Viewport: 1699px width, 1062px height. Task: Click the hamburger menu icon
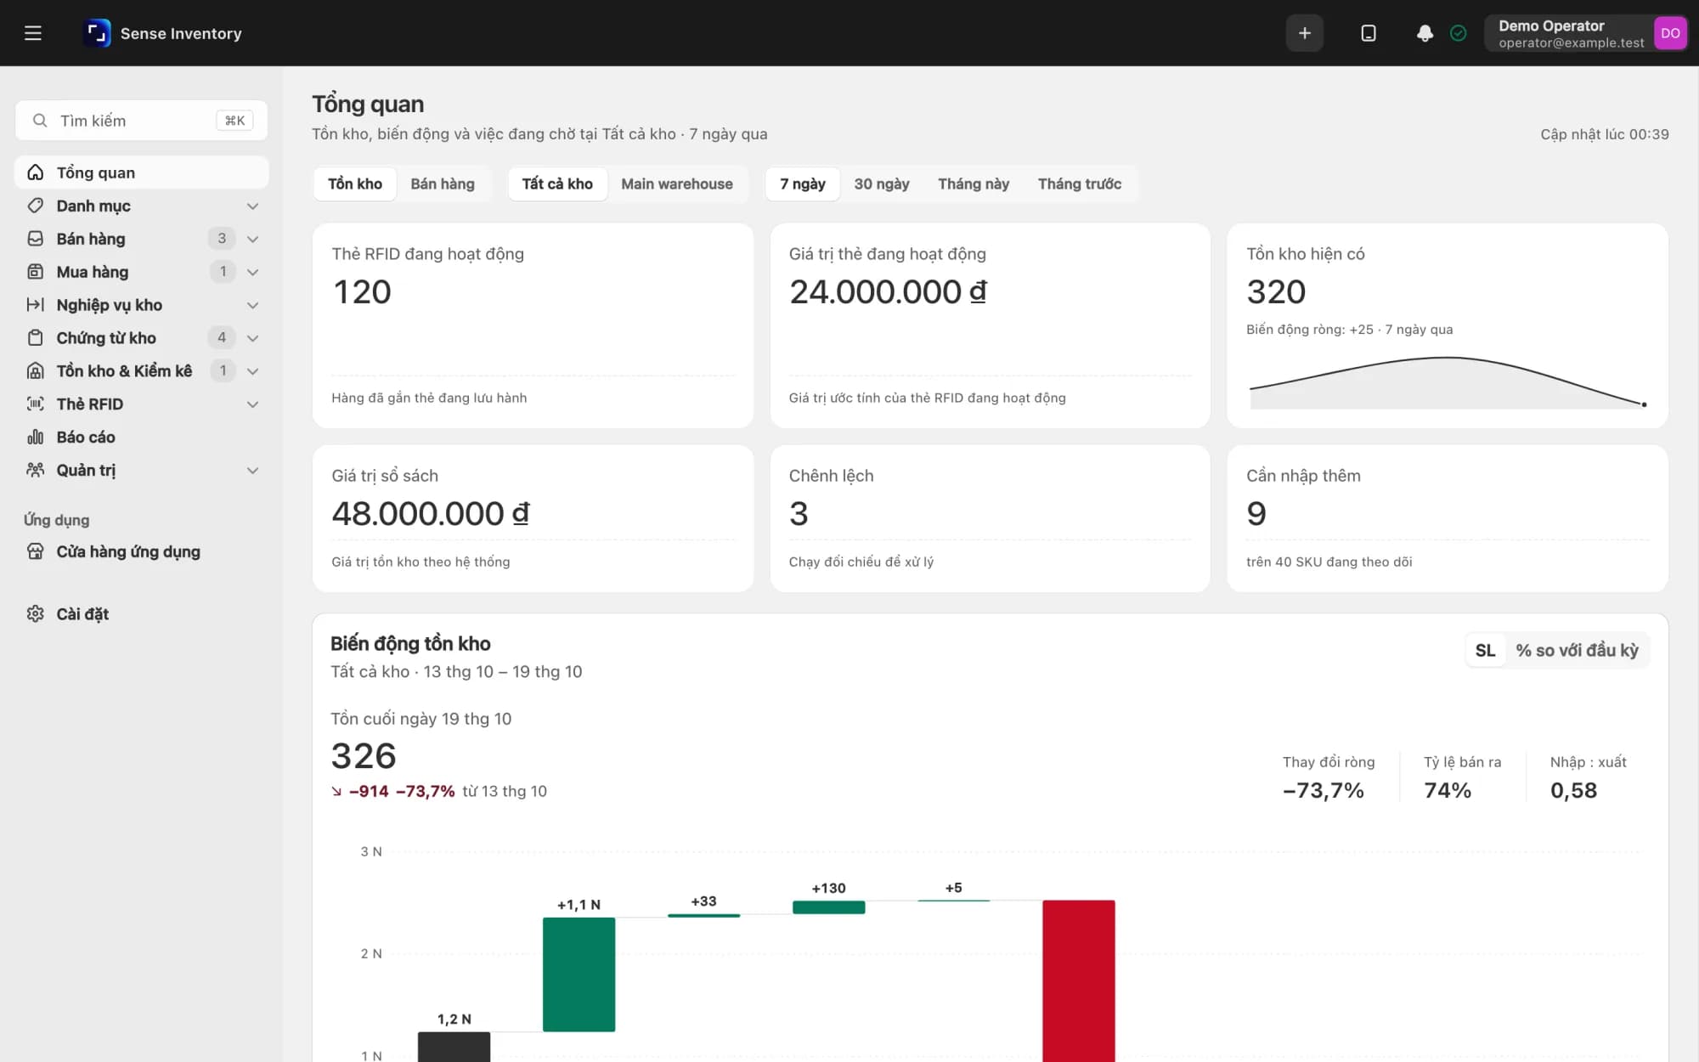tap(33, 33)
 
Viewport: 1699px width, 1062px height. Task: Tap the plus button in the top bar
tap(1305, 33)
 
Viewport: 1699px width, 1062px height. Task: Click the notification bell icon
tap(1425, 33)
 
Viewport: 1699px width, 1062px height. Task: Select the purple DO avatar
tap(1670, 33)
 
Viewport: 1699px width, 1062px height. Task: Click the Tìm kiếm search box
tap(141, 121)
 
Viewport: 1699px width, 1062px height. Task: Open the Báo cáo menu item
tap(85, 437)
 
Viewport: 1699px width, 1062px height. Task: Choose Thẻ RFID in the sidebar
tap(89, 404)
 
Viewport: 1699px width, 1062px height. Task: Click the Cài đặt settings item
tap(82, 613)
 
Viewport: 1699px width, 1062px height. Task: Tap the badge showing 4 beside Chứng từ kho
tap(222, 337)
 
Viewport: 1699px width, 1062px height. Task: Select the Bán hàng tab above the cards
tap(443, 184)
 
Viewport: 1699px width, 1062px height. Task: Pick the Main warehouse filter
tap(677, 184)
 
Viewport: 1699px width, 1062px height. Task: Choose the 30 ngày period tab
tap(882, 184)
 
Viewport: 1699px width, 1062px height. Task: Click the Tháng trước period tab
tap(1080, 184)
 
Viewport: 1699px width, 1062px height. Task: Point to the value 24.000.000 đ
tap(888, 291)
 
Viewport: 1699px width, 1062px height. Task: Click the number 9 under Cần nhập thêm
tap(1256, 513)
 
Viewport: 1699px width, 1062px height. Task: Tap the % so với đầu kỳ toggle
tap(1578, 650)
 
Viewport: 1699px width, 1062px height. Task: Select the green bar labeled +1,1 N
tap(579, 974)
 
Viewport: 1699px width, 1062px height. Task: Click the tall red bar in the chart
tap(1079, 980)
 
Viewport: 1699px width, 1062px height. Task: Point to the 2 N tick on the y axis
tap(371, 953)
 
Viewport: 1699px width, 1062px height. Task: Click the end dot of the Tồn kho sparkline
tap(1644, 404)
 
